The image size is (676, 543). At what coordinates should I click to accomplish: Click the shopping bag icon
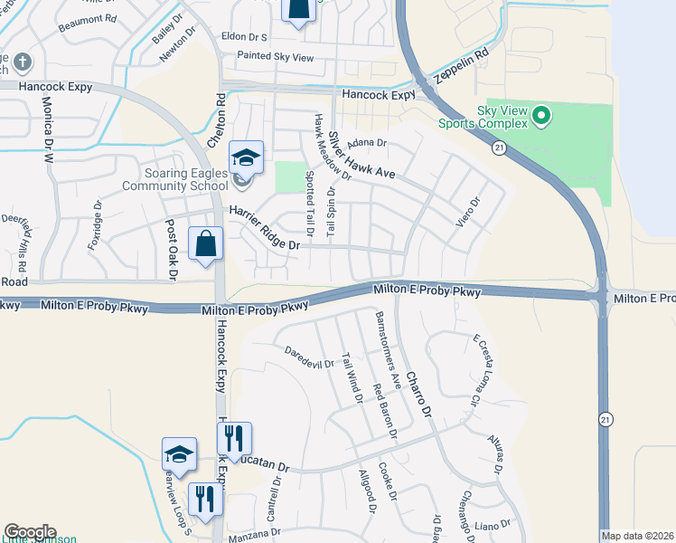pos(206,243)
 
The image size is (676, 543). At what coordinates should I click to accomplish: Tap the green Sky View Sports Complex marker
pos(541,115)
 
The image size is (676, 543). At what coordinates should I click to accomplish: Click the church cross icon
pos(23,62)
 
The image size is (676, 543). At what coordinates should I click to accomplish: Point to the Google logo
pos(29,532)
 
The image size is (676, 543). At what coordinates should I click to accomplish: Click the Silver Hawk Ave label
pos(361,155)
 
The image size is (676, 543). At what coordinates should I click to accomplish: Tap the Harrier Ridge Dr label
pos(263,228)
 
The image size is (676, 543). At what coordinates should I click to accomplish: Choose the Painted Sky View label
pos(275,57)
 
